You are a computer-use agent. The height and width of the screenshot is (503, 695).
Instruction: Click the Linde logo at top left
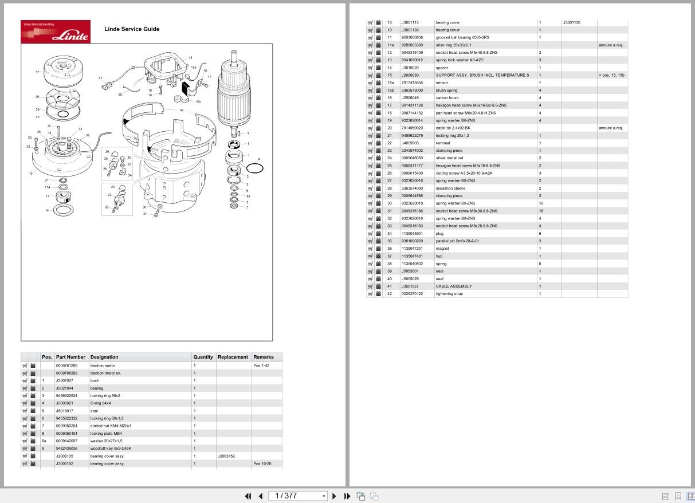(56, 32)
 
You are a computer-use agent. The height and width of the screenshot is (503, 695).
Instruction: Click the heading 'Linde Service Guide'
(132, 29)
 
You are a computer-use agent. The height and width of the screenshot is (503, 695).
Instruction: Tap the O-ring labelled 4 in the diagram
(255, 168)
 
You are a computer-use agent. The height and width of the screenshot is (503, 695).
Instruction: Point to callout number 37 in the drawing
(37, 72)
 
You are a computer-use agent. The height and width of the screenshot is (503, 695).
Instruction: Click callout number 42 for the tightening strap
(182, 110)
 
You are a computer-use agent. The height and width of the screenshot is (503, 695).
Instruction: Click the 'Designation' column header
(104, 357)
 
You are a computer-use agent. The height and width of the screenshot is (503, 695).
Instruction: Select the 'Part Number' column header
(70, 357)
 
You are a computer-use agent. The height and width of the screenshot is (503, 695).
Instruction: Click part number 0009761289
(66, 366)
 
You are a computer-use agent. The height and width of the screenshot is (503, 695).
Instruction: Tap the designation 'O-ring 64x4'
(100, 403)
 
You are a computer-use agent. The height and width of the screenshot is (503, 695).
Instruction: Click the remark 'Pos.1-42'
(261, 366)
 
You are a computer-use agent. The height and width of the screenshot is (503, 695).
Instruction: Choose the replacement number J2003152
(226, 456)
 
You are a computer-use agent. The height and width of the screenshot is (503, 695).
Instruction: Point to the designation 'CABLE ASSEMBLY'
(454, 286)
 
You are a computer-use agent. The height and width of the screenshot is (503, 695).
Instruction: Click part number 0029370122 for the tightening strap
(412, 294)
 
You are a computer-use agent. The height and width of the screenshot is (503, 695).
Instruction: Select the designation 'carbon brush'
(447, 98)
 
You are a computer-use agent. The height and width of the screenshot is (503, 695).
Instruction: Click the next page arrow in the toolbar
(335, 496)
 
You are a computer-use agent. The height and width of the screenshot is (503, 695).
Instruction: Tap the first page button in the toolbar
(248, 496)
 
